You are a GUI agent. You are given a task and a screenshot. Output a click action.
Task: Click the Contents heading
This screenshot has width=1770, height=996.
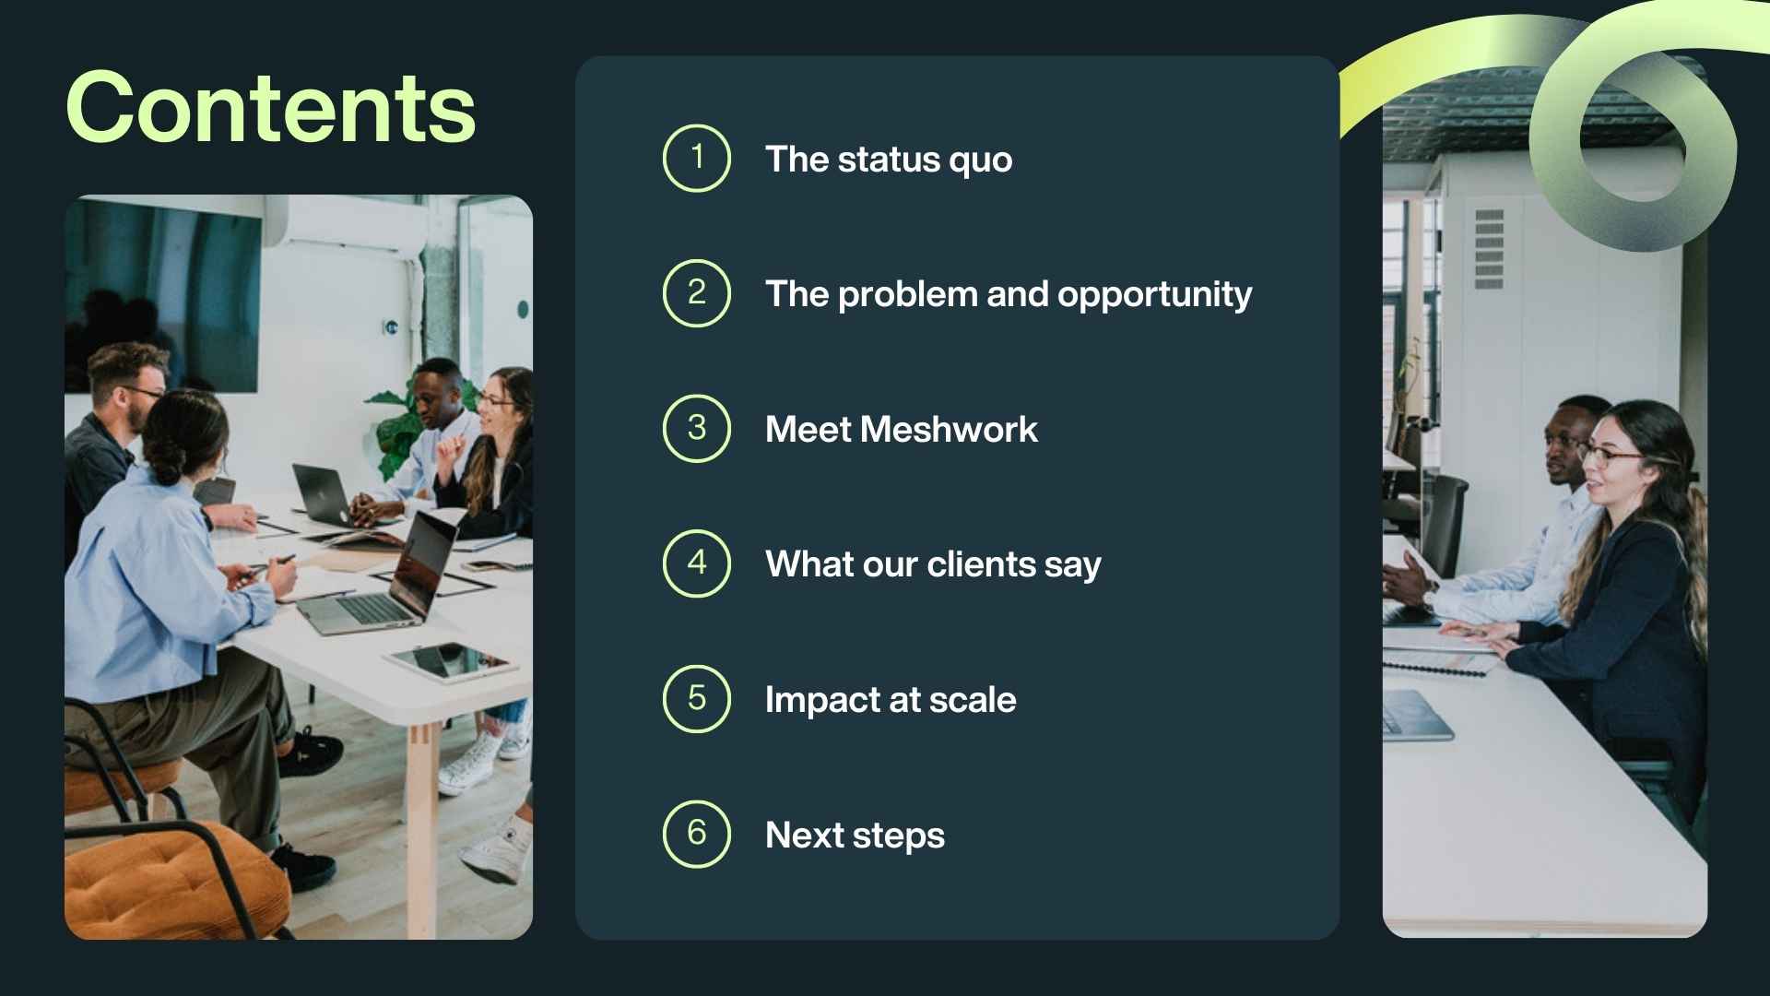(x=270, y=108)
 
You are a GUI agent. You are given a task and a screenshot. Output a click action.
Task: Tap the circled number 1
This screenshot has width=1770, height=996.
(x=697, y=158)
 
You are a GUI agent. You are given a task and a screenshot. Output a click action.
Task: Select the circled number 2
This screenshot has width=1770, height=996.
(x=697, y=293)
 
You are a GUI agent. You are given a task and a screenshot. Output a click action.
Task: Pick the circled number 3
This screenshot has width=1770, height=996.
(x=697, y=428)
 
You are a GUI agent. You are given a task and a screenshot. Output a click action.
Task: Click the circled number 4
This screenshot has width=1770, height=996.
(x=697, y=563)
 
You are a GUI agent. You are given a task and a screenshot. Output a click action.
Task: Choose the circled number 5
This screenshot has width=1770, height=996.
(x=697, y=699)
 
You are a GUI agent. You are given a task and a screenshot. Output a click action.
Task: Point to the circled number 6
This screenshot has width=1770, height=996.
(x=697, y=834)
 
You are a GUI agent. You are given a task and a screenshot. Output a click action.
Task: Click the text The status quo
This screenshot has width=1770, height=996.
(x=889, y=160)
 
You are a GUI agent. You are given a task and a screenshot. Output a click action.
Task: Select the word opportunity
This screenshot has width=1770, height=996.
(x=1154, y=295)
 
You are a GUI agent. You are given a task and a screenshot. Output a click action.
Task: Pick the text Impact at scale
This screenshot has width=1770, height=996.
(x=891, y=700)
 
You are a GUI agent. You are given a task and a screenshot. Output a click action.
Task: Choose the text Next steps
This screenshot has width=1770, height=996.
(x=855, y=836)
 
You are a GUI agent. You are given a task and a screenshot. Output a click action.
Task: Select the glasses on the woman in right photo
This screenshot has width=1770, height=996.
(x=1611, y=454)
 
